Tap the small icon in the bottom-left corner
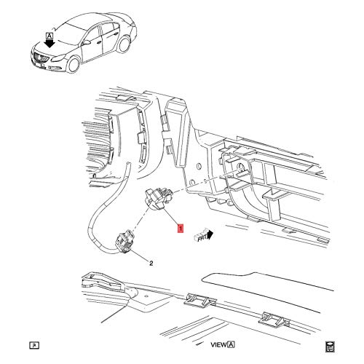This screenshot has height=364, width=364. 33,344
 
